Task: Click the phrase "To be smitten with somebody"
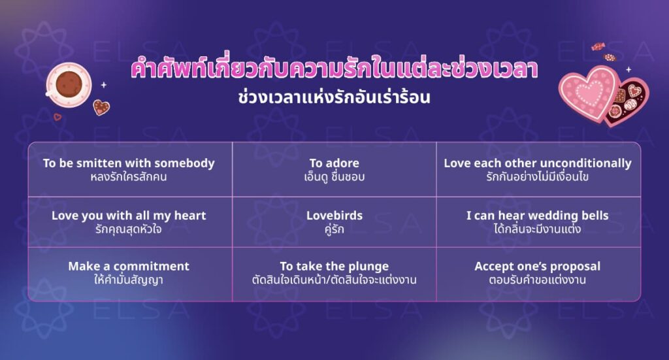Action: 129,163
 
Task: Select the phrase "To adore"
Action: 334,163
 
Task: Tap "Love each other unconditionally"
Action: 538,163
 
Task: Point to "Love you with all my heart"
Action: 129,216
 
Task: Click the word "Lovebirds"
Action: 334,216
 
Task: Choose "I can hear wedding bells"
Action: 538,216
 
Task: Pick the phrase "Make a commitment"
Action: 129,266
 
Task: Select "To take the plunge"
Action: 334,267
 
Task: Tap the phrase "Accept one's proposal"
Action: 538,267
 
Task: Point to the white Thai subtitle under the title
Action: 334,97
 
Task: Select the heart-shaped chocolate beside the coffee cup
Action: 101,107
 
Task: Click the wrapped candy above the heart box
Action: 598,46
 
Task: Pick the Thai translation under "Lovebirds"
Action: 334,229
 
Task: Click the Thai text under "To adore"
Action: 334,176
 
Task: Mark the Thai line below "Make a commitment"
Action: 129,280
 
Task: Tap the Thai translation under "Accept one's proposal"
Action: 538,280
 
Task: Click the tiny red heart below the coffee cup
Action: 57,117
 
